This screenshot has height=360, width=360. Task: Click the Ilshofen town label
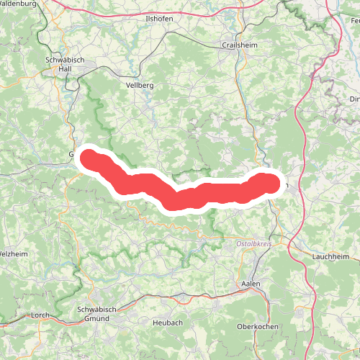[x=158, y=18]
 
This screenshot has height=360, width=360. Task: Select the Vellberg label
[x=140, y=84]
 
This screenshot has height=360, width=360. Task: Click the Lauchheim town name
[x=330, y=256]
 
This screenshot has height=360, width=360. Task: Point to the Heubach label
[x=167, y=323]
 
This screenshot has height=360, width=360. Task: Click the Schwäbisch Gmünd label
[x=96, y=314]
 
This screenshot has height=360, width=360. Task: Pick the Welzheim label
[x=13, y=254]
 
